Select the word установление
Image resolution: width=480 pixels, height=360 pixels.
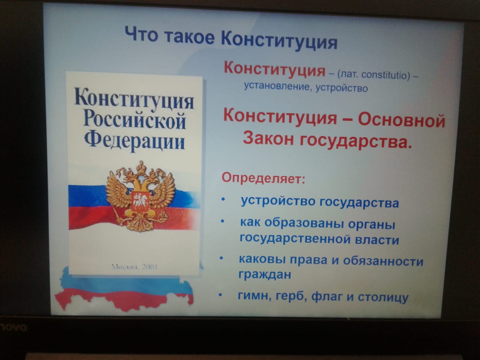277,86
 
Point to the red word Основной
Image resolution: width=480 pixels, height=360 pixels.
402,120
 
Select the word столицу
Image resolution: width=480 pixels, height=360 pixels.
383,297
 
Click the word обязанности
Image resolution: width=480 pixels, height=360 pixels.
383,261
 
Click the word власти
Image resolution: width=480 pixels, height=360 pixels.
377,239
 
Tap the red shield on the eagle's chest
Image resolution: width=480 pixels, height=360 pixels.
139,201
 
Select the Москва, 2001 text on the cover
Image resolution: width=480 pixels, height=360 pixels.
134,267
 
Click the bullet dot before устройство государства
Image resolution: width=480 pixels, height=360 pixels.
223,199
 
